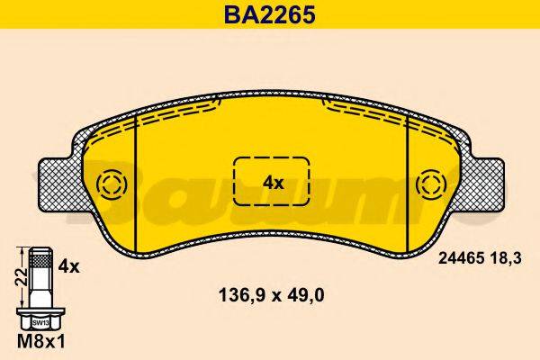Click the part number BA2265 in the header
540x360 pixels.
coord(269,15)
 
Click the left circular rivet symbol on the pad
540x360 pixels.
coord(112,185)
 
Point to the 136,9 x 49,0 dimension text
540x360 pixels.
coord(269,292)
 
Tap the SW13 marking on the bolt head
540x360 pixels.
coord(40,320)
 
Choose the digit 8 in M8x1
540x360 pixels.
coord(34,343)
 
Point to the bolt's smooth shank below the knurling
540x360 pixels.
coord(39,292)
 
